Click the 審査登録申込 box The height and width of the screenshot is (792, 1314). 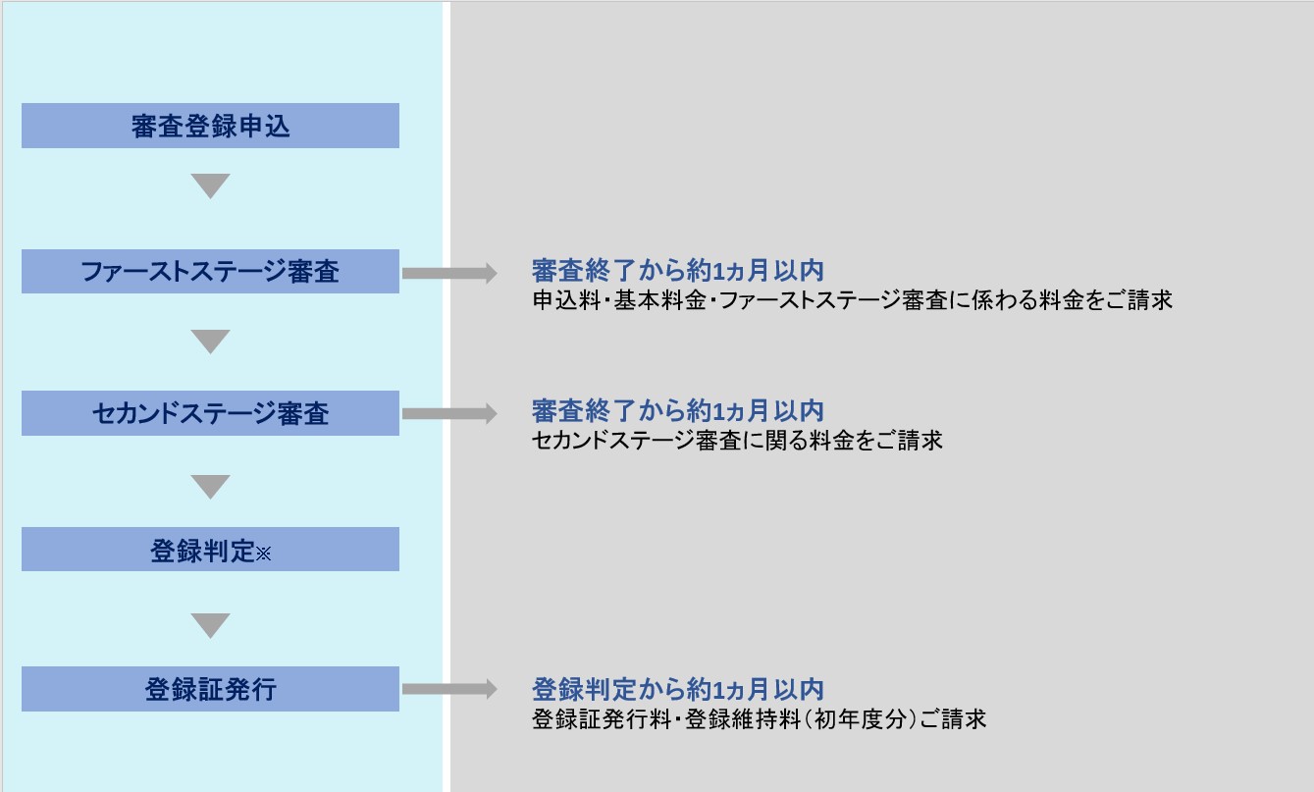(x=210, y=126)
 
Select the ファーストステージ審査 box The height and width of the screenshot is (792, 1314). (x=210, y=271)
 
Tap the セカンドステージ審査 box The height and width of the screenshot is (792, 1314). (x=210, y=413)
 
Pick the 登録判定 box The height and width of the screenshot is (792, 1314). (x=210, y=550)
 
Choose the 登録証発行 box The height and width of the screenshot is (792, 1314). (x=210, y=689)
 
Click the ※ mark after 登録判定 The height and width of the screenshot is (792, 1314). (x=263, y=554)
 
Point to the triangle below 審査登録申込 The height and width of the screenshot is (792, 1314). (x=210, y=185)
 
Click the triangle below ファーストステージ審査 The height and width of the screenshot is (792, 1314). (x=210, y=342)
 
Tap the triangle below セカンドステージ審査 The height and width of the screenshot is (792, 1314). (x=210, y=487)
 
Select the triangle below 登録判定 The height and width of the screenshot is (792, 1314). (x=210, y=626)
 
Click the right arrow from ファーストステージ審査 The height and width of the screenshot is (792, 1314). (x=449, y=274)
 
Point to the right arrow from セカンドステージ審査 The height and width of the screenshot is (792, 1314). (x=449, y=413)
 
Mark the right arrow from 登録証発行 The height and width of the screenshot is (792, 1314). (x=449, y=689)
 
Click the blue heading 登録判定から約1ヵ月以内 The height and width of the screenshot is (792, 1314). (x=678, y=689)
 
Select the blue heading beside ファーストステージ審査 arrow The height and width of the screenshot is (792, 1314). (x=678, y=271)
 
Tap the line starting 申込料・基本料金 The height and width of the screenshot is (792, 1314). (x=853, y=300)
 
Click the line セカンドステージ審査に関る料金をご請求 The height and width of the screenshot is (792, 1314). (x=737, y=441)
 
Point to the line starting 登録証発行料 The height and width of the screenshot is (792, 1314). (x=760, y=719)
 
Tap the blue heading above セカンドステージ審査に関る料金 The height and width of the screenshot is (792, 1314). (x=678, y=410)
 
